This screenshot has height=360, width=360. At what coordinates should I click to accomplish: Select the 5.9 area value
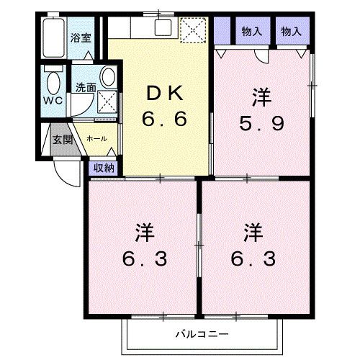coord(262,123)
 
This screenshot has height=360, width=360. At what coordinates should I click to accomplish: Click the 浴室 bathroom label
coord(81,37)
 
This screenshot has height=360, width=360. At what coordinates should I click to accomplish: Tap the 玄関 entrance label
coord(62,139)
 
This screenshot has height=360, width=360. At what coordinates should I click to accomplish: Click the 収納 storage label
coord(103,167)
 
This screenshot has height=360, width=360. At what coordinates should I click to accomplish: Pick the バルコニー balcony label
coord(201,334)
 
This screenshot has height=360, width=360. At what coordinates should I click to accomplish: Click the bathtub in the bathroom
coord(51,36)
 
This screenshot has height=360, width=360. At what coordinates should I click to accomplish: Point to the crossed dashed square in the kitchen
coord(192,30)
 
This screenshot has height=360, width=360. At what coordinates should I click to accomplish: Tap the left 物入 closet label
coord(251,32)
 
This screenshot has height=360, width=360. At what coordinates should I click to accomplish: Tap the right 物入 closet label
coord(291,32)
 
